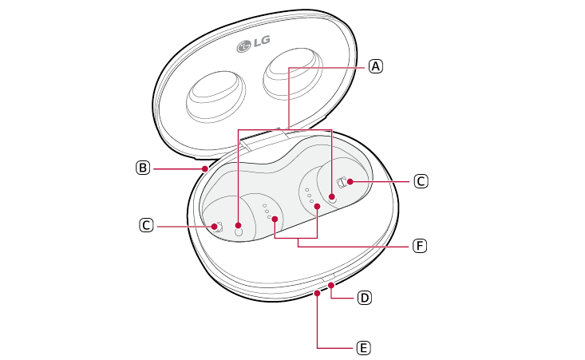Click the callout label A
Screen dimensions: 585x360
tap(376, 66)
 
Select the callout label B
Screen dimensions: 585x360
tap(143, 168)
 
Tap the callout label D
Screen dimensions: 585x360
tap(364, 298)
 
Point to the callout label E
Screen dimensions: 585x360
tap(363, 348)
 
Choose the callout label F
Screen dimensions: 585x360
tap(420, 246)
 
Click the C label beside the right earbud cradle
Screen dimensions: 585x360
tap(421, 182)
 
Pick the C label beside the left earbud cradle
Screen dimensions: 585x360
tap(146, 225)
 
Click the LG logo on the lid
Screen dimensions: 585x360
tap(253, 43)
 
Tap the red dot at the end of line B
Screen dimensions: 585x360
tap(205, 168)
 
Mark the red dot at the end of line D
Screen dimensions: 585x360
tap(331, 286)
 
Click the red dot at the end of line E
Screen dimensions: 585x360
tap(317, 293)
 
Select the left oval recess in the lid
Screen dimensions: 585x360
tap(215, 97)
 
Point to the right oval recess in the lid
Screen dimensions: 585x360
tap(293, 73)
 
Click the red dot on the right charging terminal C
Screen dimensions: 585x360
tap(350, 182)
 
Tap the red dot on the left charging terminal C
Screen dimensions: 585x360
tap(214, 226)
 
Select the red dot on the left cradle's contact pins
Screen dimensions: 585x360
tap(275, 219)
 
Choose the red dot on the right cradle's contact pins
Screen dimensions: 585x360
tap(318, 206)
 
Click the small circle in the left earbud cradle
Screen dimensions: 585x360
tap(239, 232)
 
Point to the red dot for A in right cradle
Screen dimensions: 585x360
tap(332, 196)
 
